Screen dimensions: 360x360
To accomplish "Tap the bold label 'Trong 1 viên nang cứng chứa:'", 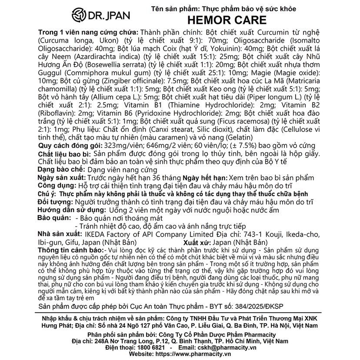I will [87, 33].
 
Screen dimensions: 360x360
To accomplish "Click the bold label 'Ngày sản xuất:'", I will [62, 178].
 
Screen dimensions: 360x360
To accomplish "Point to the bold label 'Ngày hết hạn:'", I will [206, 178].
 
